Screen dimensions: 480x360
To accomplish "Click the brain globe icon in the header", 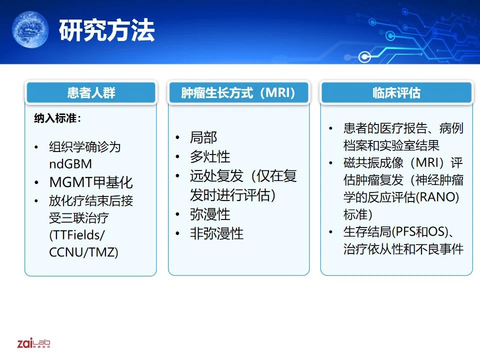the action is [x=30, y=29].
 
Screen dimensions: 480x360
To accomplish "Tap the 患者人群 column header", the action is [x=91, y=92].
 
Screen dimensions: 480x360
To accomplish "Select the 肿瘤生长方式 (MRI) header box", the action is [x=238, y=92].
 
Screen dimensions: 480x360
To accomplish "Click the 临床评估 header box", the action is [x=396, y=92].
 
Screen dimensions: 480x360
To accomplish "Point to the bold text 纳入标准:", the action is [x=57, y=118].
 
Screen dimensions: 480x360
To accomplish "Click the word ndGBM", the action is [x=70, y=164].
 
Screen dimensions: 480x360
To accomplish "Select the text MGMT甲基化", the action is [x=91, y=182].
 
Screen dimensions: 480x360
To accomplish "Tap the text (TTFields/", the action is [x=77, y=235].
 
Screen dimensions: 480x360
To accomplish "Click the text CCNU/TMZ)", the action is [x=83, y=252].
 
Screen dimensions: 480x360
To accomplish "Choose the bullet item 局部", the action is [x=203, y=137].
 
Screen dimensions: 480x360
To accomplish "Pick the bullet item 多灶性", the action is [x=210, y=156].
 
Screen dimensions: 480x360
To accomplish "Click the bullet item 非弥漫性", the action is [x=216, y=233].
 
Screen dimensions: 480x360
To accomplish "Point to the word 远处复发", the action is [x=216, y=175].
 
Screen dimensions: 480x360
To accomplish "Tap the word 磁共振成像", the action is [x=373, y=162].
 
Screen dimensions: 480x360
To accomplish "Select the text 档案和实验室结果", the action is [x=391, y=145].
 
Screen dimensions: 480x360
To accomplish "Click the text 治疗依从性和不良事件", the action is [x=403, y=249].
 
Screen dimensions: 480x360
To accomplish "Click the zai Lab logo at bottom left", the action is [x=33, y=343].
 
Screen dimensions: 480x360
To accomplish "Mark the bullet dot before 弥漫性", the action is [x=177, y=214].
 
